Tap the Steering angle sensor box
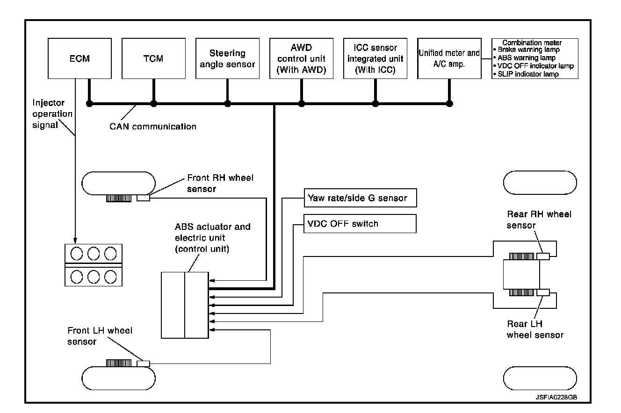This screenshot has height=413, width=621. (x=227, y=58)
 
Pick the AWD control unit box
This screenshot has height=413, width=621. (x=301, y=58)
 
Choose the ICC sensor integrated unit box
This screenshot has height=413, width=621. (x=375, y=58)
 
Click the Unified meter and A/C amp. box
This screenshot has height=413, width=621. (x=449, y=58)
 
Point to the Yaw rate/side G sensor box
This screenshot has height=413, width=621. (x=360, y=198)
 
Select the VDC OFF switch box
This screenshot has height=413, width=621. (x=360, y=224)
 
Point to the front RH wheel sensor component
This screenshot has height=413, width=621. (x=143, y=198)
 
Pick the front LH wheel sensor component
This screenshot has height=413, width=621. (x=143, y=363)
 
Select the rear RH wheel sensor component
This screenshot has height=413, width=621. (x=543, y=256)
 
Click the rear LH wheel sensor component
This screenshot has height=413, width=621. (x=543, y=292)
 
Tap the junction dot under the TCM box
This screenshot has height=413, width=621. (x=153, y=104)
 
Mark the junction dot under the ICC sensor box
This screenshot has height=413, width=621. (x=375, y=104)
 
